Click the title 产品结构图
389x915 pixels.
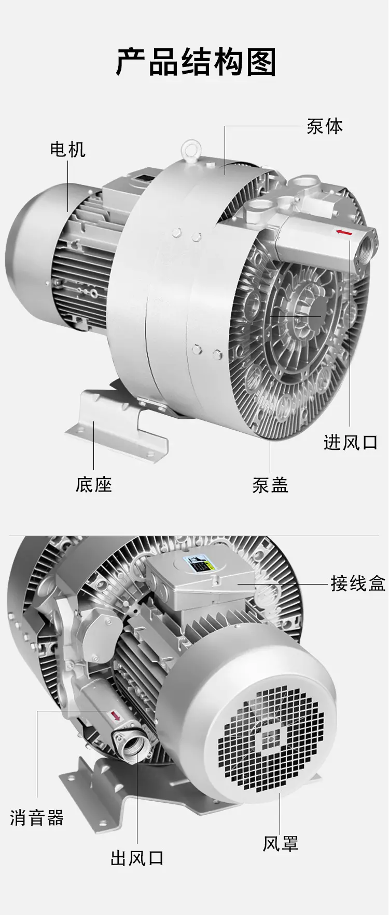pos(196,62)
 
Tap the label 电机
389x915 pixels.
pos(68,149)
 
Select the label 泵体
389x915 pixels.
pos(325,126)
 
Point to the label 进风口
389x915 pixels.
pos(351,442)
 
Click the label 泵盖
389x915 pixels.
pos(270,484)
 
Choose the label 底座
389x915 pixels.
pos(94,484)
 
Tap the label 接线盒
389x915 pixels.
pos(358,584)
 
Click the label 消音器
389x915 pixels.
pos(37,817)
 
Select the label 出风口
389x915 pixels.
pos(137,857)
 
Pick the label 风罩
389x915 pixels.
pos(281,843)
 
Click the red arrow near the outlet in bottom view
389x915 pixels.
pos(114,715)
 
